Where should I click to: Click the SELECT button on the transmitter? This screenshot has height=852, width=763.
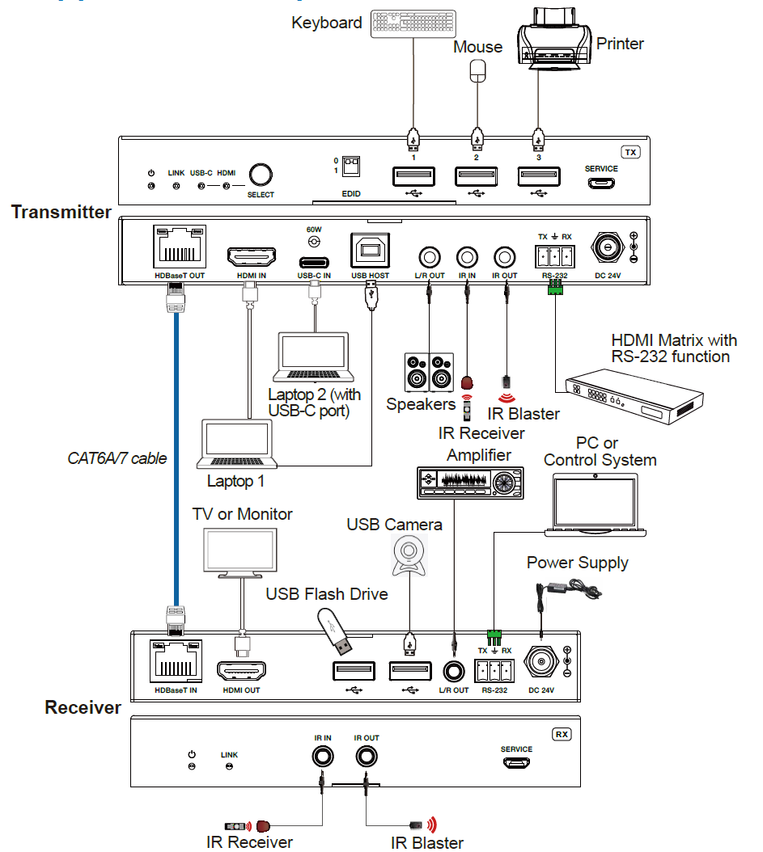(261, 175)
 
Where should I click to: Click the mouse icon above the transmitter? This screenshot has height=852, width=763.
(477, 70)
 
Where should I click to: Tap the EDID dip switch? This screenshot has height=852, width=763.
(351, 165)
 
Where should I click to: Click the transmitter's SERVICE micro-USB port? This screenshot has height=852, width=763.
(600, 183)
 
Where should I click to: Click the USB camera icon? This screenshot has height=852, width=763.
(409, 557)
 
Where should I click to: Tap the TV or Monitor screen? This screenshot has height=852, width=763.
(240, 551)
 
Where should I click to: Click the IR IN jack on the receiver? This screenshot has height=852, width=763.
(323, 757)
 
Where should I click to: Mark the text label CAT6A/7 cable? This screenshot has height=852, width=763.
(117, 458)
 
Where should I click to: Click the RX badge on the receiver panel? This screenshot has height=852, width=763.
(562, 735)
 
